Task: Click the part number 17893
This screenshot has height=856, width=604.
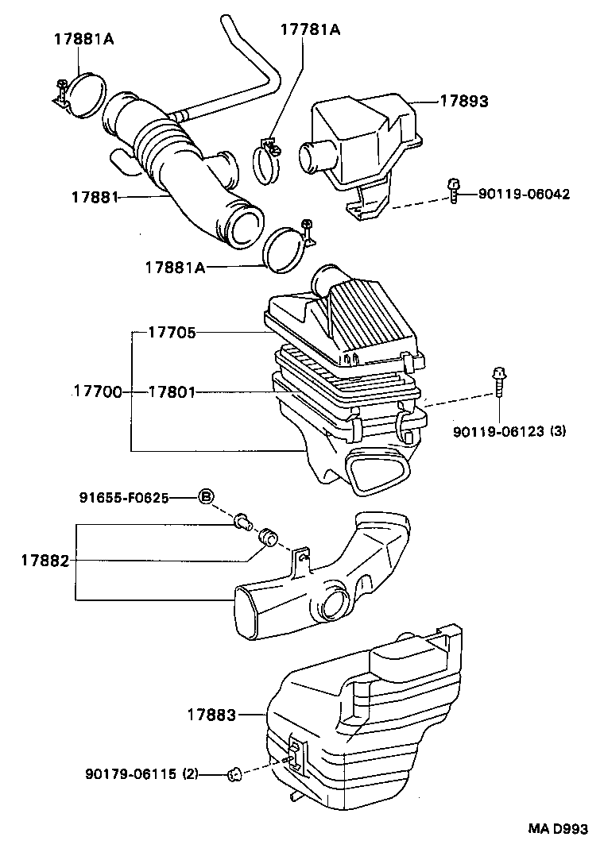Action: [x=464, y=102]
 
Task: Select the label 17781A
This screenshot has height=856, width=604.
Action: [x=310, y=29]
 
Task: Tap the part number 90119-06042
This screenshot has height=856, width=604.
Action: [x=524, y=194]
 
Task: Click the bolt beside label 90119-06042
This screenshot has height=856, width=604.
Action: [x=453, y=191]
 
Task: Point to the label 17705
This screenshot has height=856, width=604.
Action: [x=172, y=333]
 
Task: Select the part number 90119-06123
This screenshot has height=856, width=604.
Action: [x=498, y=431]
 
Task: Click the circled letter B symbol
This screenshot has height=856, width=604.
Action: [x=205, y=498]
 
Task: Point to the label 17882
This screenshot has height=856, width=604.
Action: [x=45, y=561]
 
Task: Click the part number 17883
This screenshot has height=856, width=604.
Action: [x=211, y=715]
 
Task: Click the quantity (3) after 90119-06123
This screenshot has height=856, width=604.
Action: [x=558, y=431]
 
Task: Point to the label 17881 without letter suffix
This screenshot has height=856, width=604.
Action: [x=95, y=196]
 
